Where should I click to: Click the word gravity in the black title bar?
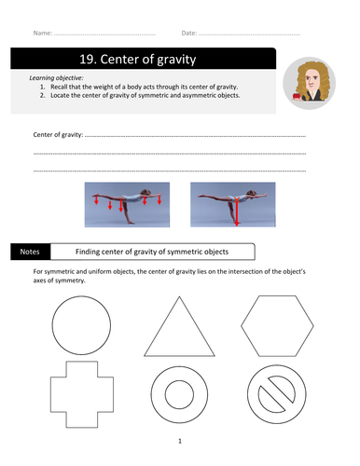click(176, 60)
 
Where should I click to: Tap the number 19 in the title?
click(86, 59)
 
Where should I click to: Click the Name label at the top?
click(43, 33)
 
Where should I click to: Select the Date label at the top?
click(189, 33)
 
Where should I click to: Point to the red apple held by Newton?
click(297, 96)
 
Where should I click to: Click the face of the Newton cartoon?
click(311, 80)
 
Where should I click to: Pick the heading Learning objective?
click(56, 78)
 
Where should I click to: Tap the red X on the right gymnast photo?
click(237, 199)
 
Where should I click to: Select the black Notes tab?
click(30, 252)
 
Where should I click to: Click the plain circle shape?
click(52, 325)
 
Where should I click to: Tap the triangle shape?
click(161, 326)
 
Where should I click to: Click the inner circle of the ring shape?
click(165, 394)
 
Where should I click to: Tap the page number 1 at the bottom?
click(180, 441)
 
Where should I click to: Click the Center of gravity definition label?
click(58, 135)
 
